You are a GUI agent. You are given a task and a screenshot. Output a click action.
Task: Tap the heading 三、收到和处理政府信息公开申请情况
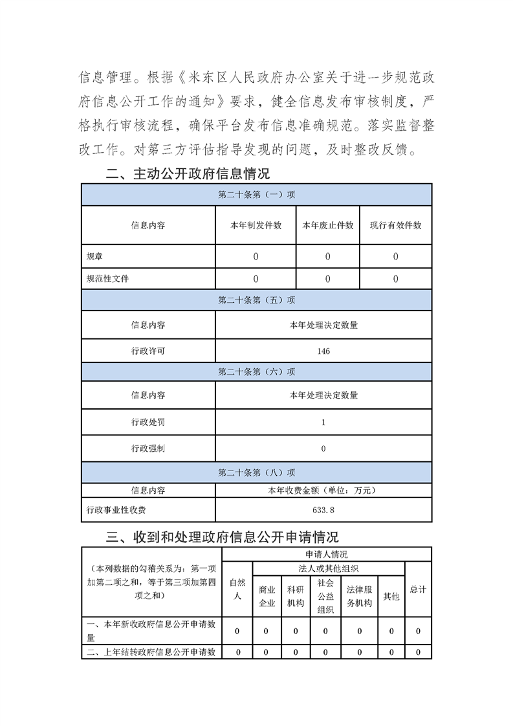tap(222, 537)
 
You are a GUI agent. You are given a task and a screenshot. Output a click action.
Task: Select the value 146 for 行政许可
tap(323, 351)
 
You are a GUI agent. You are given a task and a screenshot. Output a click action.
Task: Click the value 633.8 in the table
tap(323, 510)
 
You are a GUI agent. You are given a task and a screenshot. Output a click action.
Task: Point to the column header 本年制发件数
tap(256, 225)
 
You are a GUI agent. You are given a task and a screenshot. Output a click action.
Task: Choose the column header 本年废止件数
tap(328, 225)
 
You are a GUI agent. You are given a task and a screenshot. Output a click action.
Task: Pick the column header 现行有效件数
tap(395, 225)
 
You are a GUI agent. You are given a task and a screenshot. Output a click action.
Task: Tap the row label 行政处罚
tap(148, 422)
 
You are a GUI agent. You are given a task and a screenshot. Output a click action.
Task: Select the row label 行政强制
tap(148, 448)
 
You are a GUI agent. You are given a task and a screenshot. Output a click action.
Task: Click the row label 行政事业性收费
tap(116, 510)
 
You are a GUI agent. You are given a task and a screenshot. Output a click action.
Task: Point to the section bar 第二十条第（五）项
tap(256, 300)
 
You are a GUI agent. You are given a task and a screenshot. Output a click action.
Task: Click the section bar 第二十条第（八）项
tap(256, 472)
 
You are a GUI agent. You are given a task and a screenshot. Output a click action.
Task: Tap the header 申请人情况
tap(327, 555)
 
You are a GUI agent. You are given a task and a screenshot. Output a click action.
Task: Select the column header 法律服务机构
tap(359, 597)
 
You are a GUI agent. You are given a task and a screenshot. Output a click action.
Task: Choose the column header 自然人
tap(237, 589)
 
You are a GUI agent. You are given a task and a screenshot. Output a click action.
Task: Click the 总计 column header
tap(418, 589)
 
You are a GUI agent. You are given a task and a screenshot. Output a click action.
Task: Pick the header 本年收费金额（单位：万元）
tap(323, 490)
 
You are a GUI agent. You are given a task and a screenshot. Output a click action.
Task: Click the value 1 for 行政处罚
tap(323, 422)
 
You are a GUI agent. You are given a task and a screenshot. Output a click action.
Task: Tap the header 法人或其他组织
tap(329, 568)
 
